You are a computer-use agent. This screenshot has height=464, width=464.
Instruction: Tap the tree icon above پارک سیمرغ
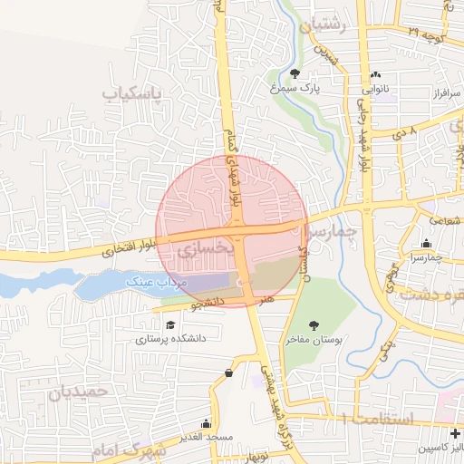pyautogui.click(x=295, y=73)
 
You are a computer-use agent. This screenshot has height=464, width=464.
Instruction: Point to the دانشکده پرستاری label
pyautogui.click(x=172, y=339)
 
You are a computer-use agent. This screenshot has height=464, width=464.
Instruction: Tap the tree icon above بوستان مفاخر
pyautogui.click(x=314, y=325)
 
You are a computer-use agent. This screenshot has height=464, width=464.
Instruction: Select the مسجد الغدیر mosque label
pyautogui.click(x=208, y=438)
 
